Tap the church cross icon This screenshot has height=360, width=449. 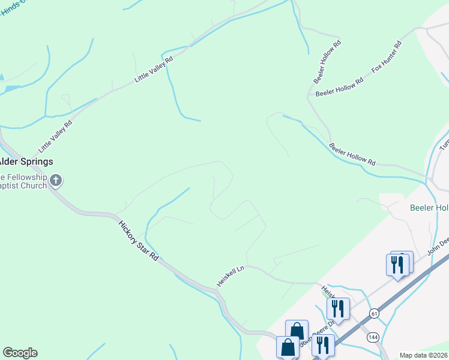pos(56,180)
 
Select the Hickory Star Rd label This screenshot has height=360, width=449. pos(139,241)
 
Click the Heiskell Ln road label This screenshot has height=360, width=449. pos(231,276)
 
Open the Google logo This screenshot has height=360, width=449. pos(20,353)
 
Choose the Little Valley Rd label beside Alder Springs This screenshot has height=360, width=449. pos(55,136)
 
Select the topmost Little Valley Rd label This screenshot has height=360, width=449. pos(154,70)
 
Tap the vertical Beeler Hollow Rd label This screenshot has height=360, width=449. pos(327,61)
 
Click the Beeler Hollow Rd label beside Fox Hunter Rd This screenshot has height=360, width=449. pos(339,88)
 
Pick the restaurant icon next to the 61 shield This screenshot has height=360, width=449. pos(338,309)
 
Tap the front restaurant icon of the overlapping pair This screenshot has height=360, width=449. pos(397,265)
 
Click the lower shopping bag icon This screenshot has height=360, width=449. pos(288,347)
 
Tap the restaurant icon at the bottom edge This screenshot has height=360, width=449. pos(323,345)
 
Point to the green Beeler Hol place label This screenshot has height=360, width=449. pos(429,208)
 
